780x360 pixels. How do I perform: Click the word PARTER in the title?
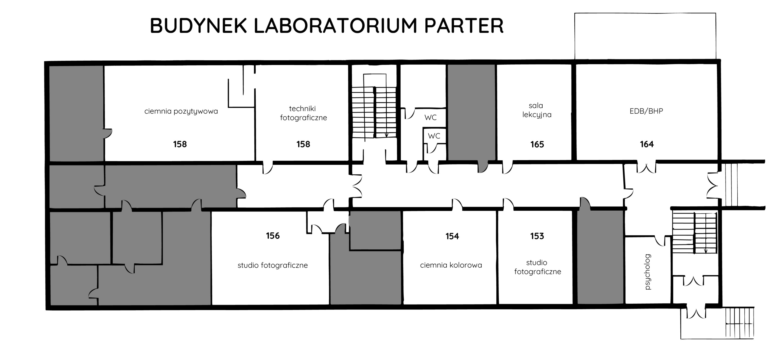[464, 26]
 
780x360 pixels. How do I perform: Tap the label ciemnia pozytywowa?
[181, 111]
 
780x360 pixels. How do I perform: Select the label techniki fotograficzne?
[303, 113]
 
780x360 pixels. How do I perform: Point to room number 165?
[537, 144]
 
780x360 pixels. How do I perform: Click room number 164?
[647, 144]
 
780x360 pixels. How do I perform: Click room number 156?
[272, 236]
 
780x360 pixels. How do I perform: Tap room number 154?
[452, 236]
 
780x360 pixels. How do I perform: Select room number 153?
[537, 236]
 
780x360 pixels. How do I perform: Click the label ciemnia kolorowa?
[451, 265]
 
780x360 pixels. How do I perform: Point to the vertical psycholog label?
[647, 272]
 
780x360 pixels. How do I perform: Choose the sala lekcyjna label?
[537, 110]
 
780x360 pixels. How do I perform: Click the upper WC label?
[431, 117]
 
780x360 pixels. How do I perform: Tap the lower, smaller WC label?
[434, 136]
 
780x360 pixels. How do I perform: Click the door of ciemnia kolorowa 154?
[457, 204]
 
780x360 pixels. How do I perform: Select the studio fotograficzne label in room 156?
[272, 265]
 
